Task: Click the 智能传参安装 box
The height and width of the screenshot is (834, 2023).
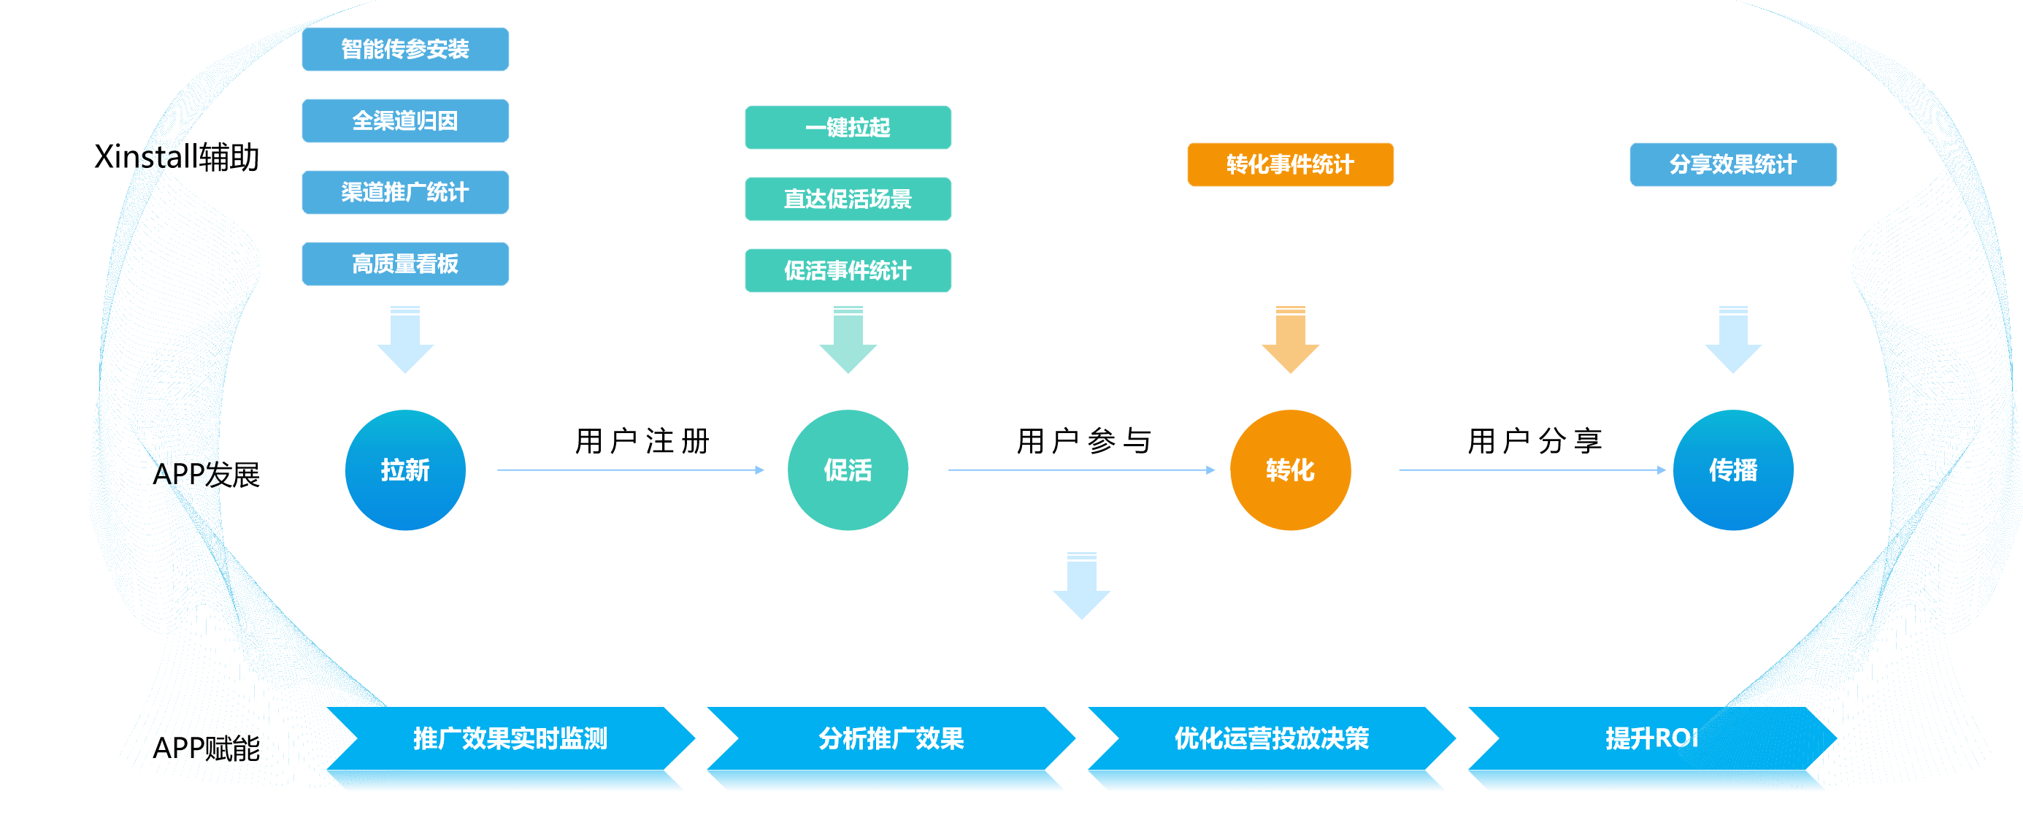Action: (x=405, y=49)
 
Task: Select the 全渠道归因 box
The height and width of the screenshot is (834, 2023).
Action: (x=405, y=120)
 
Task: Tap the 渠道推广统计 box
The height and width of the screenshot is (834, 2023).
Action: (x=405, y=191)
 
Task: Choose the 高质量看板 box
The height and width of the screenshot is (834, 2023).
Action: (x=405, y=263)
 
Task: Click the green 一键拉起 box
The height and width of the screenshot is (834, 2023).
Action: (x=848, y=127)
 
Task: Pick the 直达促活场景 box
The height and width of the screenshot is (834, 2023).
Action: (x=848, y=199)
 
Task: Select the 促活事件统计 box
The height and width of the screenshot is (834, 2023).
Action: (x=848, y=270)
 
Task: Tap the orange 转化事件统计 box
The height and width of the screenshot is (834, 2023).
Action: (x=1289, y=164)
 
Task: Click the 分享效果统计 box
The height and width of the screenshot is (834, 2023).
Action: (x=1732, y=164)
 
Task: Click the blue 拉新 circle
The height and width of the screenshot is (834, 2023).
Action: (x=405, y=470)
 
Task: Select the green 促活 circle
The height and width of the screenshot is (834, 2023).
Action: (x=848, y=470)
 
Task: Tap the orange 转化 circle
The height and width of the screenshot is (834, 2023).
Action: (x=1289, y=470)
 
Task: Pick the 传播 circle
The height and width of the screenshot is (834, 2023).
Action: (x=1732, y=470)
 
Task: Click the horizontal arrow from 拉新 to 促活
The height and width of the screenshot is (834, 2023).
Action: (x=629, y=470)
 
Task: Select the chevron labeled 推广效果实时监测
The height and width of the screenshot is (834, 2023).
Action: (x=510, y=739)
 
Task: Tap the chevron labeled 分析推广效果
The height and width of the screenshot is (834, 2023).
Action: (x=891, y=739)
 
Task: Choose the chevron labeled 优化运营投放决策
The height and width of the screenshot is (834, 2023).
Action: (x=1272, y=739)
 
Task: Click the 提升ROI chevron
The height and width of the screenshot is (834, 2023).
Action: (x=1651, y=739)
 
